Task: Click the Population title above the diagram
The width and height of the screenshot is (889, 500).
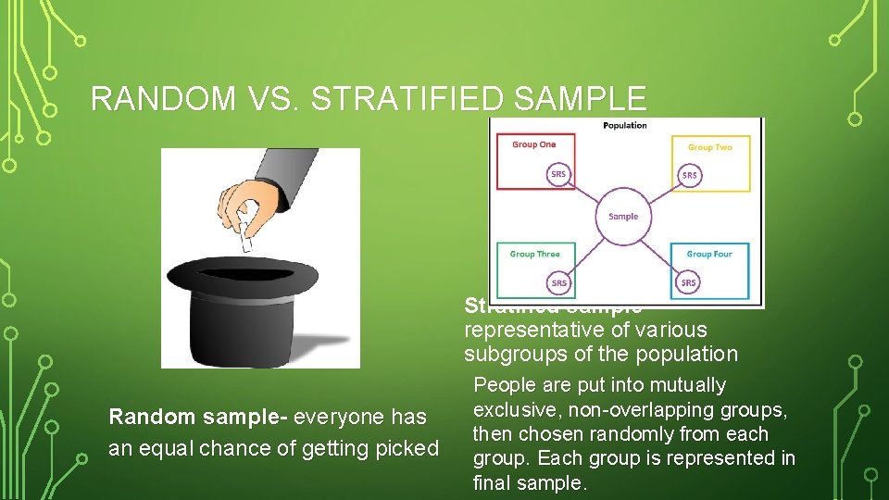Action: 625,126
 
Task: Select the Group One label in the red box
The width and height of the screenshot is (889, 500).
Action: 534,144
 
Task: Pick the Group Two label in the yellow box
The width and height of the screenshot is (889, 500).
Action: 709,147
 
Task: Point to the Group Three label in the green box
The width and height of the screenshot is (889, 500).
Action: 535,254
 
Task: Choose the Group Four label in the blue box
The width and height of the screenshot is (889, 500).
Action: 709,254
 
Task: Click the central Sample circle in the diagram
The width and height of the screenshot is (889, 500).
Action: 623,217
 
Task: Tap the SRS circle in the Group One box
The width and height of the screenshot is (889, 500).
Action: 558,175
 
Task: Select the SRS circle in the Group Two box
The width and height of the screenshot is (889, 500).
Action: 690,175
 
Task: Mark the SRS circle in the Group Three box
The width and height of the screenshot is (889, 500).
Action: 559,282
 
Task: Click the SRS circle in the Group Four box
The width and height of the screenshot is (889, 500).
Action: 689,282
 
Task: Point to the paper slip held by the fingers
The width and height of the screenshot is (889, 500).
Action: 244,237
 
